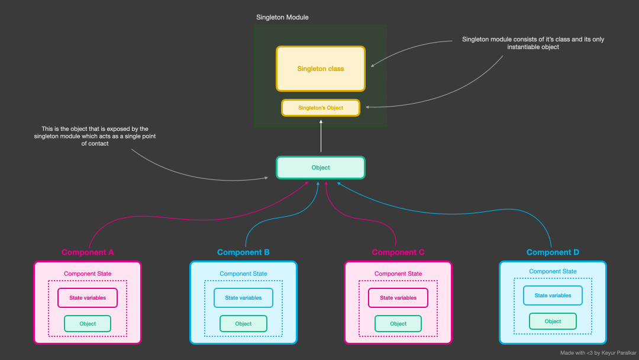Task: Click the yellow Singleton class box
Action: click(x=320, y=69)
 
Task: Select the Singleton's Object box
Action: click(x=320, y=108)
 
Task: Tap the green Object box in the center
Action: click(x=320, y=168)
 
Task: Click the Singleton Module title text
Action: click(x=282, y=17)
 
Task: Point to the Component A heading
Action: click(x=88, y=252)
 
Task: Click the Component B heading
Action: click(x=243, y=252)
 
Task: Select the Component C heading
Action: click(x=398, y=252)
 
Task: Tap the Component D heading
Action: click(x=553, y=252)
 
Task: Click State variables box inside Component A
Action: click(x=88, y=298)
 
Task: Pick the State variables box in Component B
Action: click(x=243, y=298)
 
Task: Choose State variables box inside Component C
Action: click(x=398, y=298)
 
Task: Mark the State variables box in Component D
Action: click(x=553, y=295)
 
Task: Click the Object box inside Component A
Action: click(x=88, y=324)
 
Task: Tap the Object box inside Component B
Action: click(x=243, y=324)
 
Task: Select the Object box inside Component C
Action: click(x=398, y=324)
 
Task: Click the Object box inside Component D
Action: click(x=553, y=322)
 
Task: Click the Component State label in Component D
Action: click(x=553, y=271)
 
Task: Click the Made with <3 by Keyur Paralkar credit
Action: click(x=598, y=353)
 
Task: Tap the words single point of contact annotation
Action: click(x=95, y=136)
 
